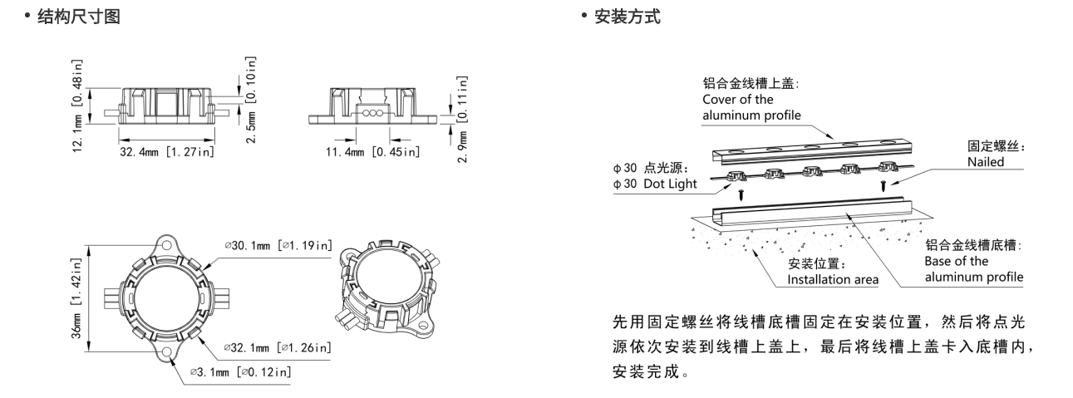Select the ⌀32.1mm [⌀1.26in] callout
[279, 346]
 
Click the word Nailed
[986, 163]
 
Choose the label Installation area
[832, 280]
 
